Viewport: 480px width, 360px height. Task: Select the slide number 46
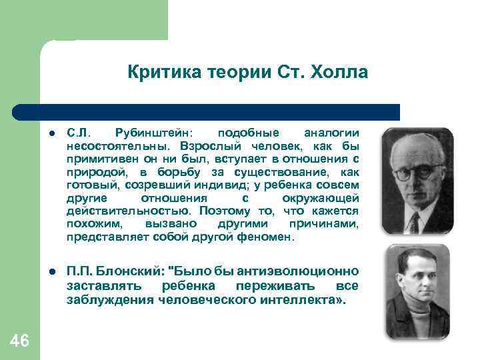(x=20, y=341)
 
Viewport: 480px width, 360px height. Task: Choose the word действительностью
(x=118, y=211)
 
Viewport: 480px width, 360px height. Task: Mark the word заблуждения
(x=110, y=299)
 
